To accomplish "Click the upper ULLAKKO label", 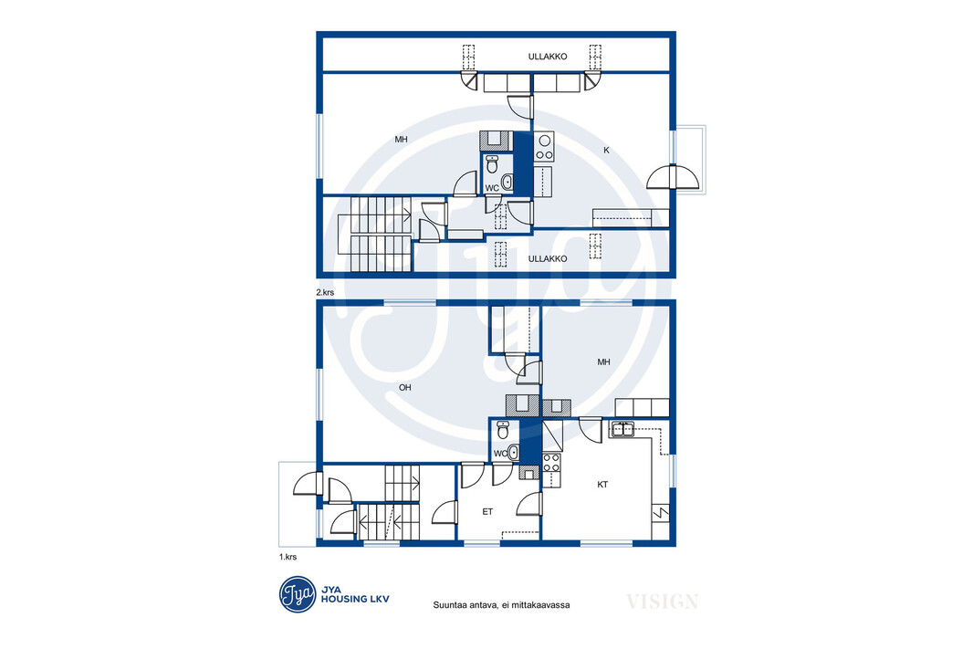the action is pos(548,57).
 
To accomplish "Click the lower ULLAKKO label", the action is pos(548,258).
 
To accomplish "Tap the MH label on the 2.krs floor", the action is pos(401,140).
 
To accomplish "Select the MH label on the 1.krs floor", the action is pos(603,361).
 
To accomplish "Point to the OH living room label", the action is pos(404,388).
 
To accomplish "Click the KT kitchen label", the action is pos(602,485).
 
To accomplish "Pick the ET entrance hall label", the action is pos(487,512).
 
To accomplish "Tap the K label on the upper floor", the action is pos(606,150).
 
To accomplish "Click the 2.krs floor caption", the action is pos(325,292).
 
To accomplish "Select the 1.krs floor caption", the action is pos(288,557).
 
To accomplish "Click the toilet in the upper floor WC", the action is pos(492,164).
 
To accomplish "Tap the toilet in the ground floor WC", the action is pos(503,429).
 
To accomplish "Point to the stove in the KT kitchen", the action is pos(551,463).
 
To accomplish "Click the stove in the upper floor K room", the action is pos(544,147).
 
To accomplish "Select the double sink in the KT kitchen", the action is pos(622,429).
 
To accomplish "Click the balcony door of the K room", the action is pos(674,177).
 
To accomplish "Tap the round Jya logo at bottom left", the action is pos(298,594).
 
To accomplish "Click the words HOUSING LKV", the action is pos(355,600).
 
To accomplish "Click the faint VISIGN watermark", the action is pos(662,602).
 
